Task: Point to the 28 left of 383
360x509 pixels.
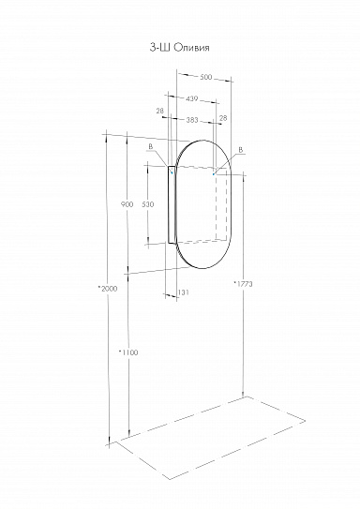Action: pos(160,111)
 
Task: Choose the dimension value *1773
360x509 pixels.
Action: pos(240,282)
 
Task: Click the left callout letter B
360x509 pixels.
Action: pos(149,147)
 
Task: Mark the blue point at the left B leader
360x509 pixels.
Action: pos(170,171)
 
